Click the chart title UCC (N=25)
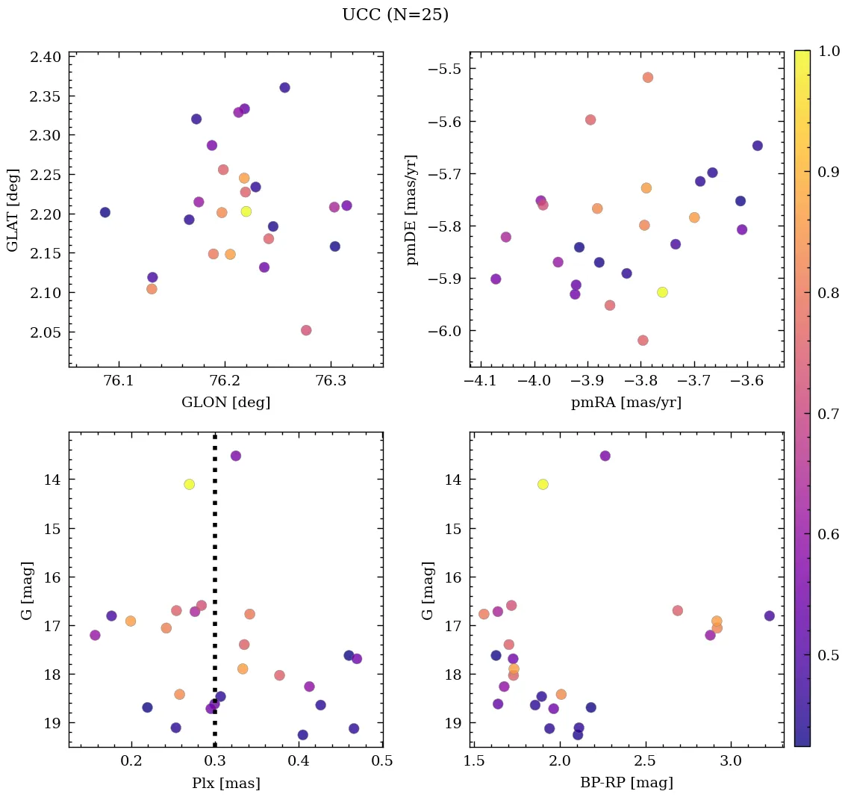coord(395,15)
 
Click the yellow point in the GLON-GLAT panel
coord(246,211)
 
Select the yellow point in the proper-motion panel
coord(662,292)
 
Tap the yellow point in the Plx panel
coord(189,484)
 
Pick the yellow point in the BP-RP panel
coord(543,484)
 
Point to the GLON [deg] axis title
coord(225,403)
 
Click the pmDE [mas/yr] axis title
coord(411,210)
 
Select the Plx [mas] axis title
coord(225,783)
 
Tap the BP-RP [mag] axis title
coord(626,783)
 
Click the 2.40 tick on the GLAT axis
coord(47,57)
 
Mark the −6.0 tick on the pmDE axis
coord(445,331)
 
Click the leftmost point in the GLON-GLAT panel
coord(105,212)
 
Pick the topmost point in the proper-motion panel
coord(648,78)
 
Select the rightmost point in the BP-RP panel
coord(770,616)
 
